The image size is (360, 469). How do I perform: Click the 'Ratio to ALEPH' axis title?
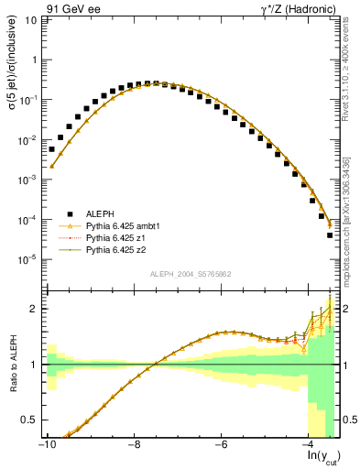[11, 365]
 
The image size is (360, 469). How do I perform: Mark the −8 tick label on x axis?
[134, 446]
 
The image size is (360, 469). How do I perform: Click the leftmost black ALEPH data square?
[51, 148]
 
